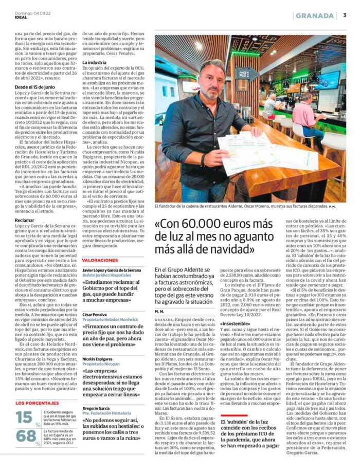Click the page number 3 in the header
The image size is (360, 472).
click(344, 15)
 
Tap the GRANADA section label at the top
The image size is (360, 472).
click(315, 15)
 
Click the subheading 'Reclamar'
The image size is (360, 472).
click(25, 220)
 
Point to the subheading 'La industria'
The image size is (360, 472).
click(96, 62)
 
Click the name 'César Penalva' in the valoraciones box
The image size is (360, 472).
click(95, 314)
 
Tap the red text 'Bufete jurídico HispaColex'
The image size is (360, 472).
click(107, 275)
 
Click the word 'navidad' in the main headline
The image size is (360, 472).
click(227, 249)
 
